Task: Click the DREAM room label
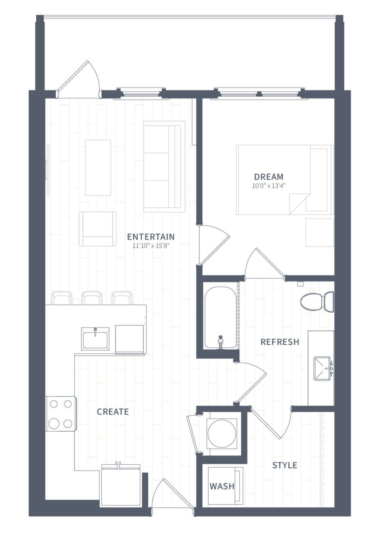coord(269,177)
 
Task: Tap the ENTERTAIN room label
coord(151,237)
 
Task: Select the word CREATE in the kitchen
coord(113,412)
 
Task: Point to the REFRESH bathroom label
coord(280,342)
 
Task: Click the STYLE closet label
coord(285,465)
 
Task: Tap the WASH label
coord(222,486)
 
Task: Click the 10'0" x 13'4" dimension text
coord(269,186)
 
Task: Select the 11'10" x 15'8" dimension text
coord(151,246)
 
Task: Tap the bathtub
coord(220,317)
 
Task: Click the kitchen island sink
coord(95,338)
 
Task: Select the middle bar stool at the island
coord(92,298)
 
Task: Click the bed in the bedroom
coord(285,180)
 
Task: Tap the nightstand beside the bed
coord(319,232)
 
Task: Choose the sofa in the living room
coord(164,167)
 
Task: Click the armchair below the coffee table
coord(98,229)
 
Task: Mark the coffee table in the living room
coord(98,168)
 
